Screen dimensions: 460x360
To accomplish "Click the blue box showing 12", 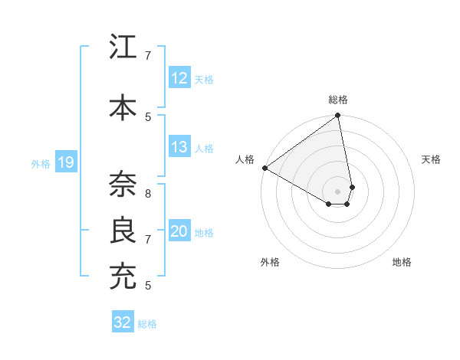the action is click(x=179, y=78).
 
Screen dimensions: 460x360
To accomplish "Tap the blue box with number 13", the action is click(x=179, y=148).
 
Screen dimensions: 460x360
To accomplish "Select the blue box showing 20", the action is click(x=179, y=232).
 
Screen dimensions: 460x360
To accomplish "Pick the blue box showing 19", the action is click(x=65, y=162).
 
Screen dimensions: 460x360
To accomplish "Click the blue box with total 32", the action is click(x=123, y=322).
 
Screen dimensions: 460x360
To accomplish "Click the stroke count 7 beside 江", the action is click(x=149, y=55).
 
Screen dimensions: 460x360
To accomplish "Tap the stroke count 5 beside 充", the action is click(x=149, y=285).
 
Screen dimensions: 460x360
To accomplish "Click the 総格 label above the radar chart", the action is click(x=338, y=100).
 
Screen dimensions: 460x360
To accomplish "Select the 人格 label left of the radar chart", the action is click(x=245, y=159).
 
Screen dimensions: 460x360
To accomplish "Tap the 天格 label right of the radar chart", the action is click(x=432, y=159).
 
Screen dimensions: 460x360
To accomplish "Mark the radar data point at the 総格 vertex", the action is click(x=338, y=116).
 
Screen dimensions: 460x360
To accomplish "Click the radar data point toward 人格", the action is click(x=264, y=168).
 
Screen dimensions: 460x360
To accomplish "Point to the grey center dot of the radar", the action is click(x=338, y=191).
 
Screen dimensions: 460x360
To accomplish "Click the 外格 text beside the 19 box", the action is click(x=41, y=163).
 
